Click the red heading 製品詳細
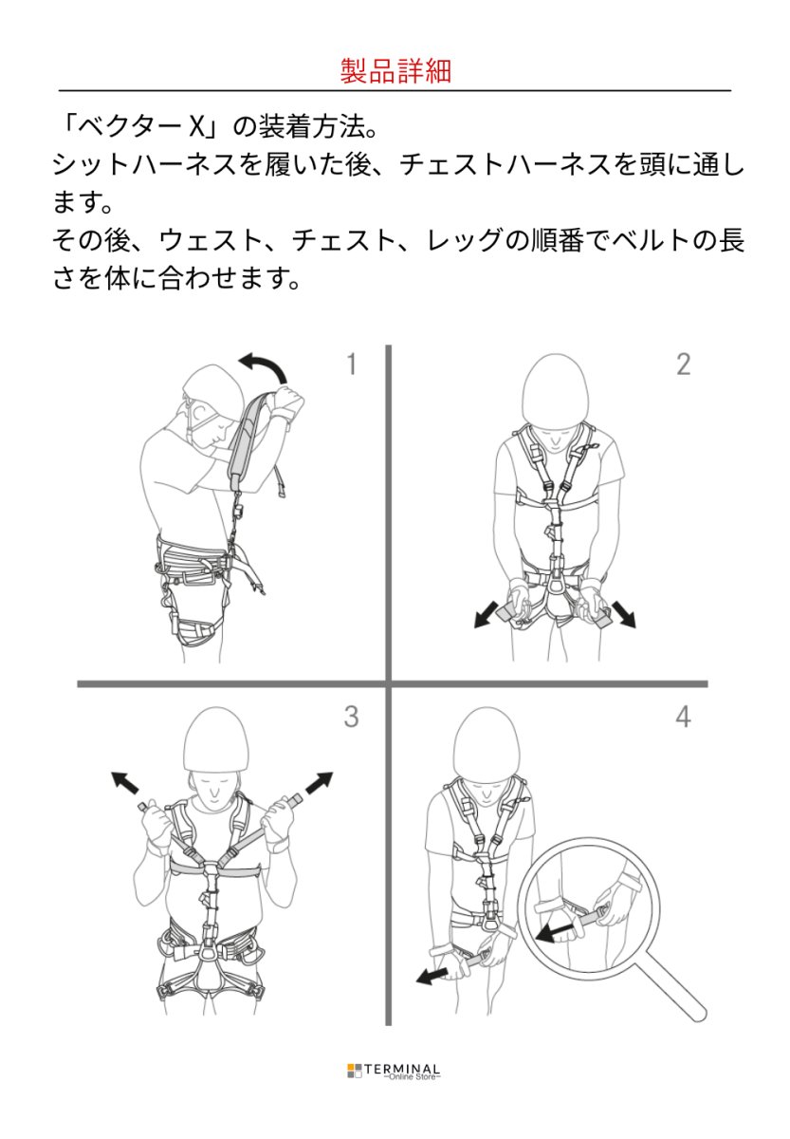(395, 71)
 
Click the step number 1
(351, 364)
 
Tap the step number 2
(683, 364)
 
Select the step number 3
(351, 717)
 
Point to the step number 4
(683, 717)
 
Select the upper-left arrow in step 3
(125, 784)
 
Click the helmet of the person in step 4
(487, 741)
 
